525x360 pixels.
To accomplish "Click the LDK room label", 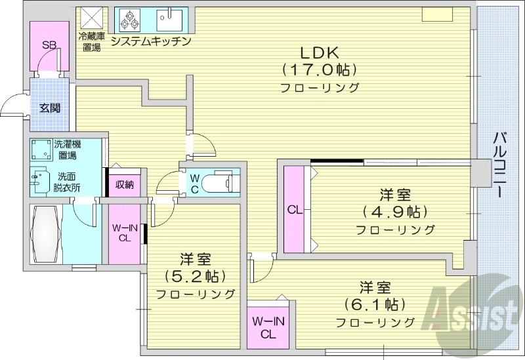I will click(x=320, y=52).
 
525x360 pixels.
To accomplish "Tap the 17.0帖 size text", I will click(x=320, y=70).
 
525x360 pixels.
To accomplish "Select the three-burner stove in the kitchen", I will click(x=129, y=20).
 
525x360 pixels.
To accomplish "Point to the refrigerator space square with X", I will click(x=91, y=18).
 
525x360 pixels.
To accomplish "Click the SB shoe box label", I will click(x=49, y=45).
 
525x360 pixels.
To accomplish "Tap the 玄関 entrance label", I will click(x=49, y=107).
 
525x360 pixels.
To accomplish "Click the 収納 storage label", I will click(x=125, y=184).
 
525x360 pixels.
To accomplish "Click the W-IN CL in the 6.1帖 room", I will click(x=268, y=327).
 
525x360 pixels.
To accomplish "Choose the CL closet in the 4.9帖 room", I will click(x=293, y=210).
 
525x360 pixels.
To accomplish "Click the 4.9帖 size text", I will click(x=394, y=212).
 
